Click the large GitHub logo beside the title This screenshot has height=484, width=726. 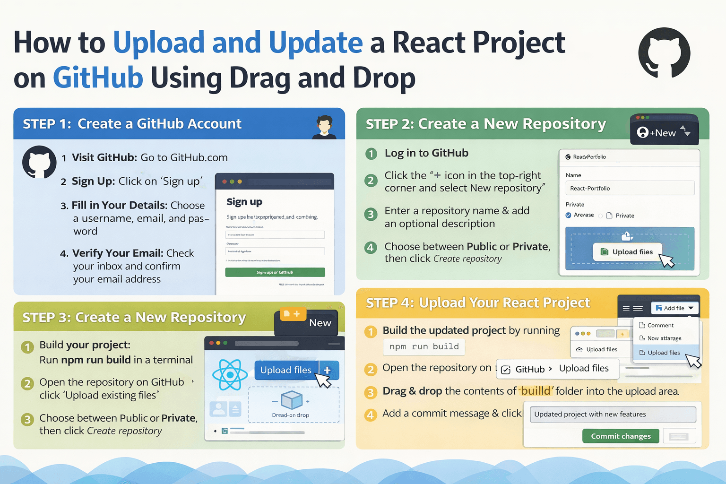[664, 53]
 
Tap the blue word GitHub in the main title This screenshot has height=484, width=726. [98, 78]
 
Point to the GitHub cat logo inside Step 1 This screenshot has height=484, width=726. [39, 162]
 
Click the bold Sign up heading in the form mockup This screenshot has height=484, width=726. [244, 202]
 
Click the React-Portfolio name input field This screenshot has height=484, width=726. [630, 188]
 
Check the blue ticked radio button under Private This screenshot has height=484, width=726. [568, 215]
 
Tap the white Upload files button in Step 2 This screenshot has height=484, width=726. [627, 252]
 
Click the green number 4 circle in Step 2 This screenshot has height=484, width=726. [371, 247]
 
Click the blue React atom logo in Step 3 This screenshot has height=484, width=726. [230, 375]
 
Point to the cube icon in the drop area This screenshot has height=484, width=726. [291, 400]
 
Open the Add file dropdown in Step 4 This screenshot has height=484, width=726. [674, 308]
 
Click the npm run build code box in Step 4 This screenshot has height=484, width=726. [424, 346]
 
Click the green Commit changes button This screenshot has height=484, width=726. [621, 436]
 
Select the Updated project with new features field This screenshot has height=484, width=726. [613, 415]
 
